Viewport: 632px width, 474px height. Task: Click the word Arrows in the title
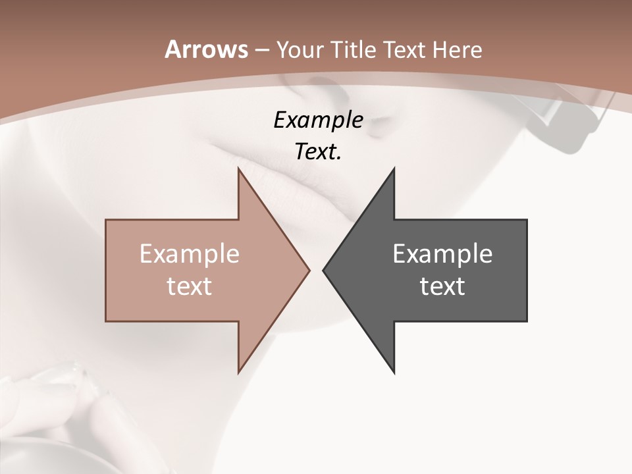[x=205, y=49]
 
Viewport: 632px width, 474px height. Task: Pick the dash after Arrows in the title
[x=261, y=51]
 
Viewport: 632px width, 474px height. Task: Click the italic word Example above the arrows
[x=318, y=120]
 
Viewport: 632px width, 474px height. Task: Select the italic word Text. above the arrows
[x=318, y=151]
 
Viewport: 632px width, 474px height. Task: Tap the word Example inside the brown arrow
[x=190, y=253]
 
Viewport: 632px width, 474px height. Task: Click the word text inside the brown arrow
[x=190, y=286]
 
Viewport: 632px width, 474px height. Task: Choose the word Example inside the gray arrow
[x=442, y=253]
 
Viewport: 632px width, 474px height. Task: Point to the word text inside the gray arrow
[x=442, y=286]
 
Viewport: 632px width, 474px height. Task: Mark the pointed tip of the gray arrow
[x=324, y=269]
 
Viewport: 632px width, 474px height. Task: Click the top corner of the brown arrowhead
[x=238, y=169]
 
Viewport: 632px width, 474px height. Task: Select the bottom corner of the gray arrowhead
[x=394, y=373]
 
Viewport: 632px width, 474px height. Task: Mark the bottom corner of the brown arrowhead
[x=238, y=373]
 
